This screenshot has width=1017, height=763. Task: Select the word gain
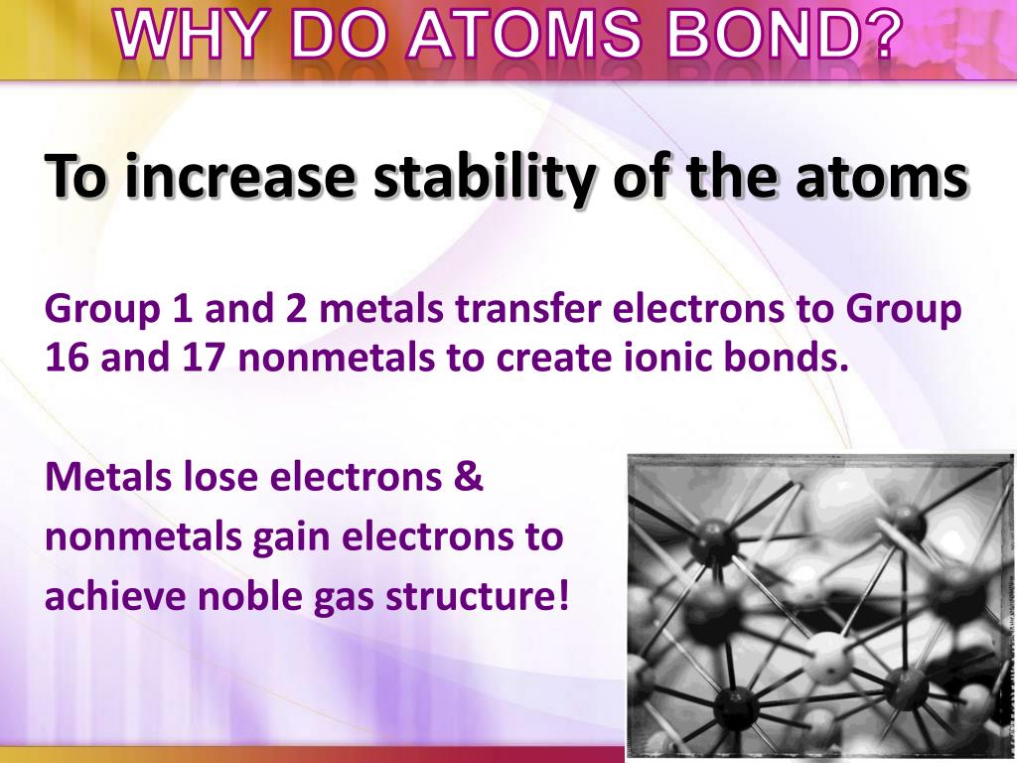coord(293,537)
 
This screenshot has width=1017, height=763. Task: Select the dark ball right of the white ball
coord(905,686)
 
